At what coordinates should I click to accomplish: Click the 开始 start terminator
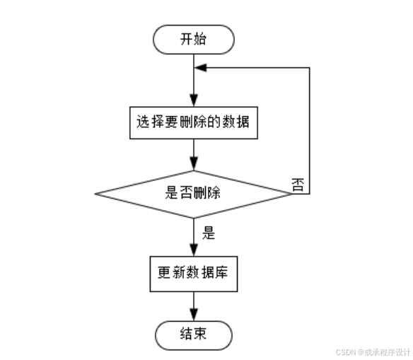(x=193, y=40)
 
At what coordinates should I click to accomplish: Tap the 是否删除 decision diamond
(x=193, y=192)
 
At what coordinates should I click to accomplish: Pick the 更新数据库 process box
(x=193, y=273)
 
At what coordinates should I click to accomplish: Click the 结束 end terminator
(x=193, y=334)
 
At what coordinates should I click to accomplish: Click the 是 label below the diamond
(x=209, y=231)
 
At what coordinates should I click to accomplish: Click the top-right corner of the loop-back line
(x=310, y=68)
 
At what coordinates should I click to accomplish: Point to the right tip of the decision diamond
(x=291, y=192)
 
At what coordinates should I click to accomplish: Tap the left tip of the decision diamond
(x=95, y=192)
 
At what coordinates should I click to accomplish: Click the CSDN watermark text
(x=373, y=352)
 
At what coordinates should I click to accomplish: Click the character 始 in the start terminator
(x=200, y=40)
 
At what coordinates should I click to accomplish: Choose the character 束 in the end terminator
(x=200, y=334)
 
